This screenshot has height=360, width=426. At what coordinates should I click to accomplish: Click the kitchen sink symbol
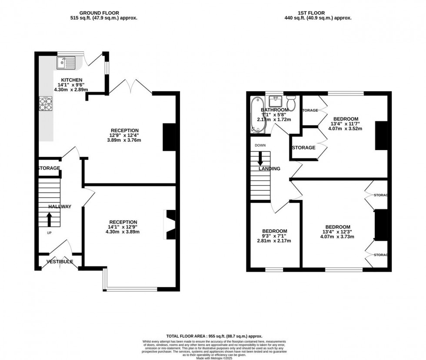coord(66,63)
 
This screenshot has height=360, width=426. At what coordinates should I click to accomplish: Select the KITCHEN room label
coord(71,80)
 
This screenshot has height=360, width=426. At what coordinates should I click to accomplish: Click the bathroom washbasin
coord(275,101)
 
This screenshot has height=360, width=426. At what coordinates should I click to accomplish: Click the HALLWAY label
coord(60,207)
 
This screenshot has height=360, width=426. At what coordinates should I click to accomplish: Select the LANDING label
coord(270,169)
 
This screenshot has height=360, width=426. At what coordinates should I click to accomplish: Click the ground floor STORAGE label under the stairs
coord(49,168)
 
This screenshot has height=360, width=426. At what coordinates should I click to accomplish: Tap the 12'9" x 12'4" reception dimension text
coord(124,135)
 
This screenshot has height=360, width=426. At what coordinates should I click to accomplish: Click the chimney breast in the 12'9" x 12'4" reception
coord(170,137)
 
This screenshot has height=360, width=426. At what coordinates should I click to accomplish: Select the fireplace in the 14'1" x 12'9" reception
coord(170,224)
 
